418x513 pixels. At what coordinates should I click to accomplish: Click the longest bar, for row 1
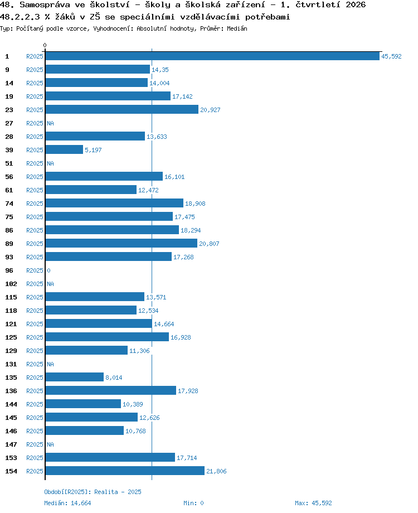tap(212, 56)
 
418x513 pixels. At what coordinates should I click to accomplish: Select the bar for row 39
tap(64, 149)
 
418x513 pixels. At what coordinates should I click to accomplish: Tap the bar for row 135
tap(75, 377)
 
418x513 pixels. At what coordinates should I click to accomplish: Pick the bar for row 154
tap(125, 471)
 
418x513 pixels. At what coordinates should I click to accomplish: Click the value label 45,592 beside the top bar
tap(391, 56)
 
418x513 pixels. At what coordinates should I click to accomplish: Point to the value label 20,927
tap(210, 110)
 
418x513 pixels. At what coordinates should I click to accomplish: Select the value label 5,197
tap(93, 150)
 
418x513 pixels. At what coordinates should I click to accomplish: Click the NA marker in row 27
tap(50, 123)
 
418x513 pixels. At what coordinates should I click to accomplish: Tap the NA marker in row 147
tap(50, 444)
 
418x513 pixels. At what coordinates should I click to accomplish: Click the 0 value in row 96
tap(48, 270)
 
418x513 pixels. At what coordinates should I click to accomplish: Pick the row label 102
tap(11, 284)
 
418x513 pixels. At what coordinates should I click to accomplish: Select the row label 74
tap(9, 204)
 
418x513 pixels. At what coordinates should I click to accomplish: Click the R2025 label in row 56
tap(35, 177)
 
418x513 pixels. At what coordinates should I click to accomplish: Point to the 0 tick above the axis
tap(45, 45)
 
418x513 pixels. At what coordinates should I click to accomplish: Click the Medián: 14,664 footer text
tap(67, 503)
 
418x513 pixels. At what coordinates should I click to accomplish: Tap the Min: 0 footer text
tap(193, 503)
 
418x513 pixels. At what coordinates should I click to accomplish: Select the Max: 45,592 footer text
tap(313, 503)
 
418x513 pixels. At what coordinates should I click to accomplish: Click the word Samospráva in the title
tap(45, 5)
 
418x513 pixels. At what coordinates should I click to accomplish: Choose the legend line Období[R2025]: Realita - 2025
tap(93, 492)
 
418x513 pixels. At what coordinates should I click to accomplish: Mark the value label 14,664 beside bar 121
tap(164, 324)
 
